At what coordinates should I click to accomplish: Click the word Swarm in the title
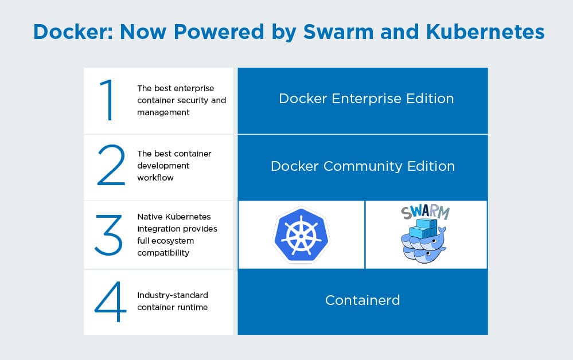point(338,32)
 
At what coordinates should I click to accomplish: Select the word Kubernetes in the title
point(485,32)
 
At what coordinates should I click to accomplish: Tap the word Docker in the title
point(73,32)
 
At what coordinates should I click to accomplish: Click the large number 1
point(107,100)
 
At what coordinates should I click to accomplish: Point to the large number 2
point(111,165)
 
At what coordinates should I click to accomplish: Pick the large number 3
point(108,235)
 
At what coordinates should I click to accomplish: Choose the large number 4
point(110,302)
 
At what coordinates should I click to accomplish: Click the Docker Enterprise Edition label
point(366,99)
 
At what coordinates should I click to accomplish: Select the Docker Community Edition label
point(363,166)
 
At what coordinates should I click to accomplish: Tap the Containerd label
point(362,300)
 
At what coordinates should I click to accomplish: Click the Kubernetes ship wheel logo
point(301,235)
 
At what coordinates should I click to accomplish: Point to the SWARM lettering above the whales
point(426,212)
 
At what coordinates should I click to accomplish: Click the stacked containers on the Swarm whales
point(424,228)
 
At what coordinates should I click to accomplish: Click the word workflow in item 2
point(155,178)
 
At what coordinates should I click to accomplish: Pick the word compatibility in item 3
point(163,253)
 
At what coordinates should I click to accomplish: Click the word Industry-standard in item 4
point(173,295)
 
